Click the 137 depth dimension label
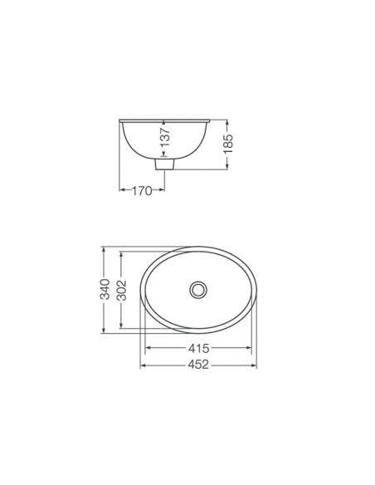(166, 137)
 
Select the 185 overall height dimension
(228, 144)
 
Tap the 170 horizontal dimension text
(142, 191)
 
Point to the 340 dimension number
(105, 289)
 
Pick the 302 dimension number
(122, 290)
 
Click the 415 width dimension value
(198, 348)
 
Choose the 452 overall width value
(198, 365)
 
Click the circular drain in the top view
(198, 290)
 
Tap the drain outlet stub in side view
(164, 164)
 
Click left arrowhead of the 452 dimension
(143, 366)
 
